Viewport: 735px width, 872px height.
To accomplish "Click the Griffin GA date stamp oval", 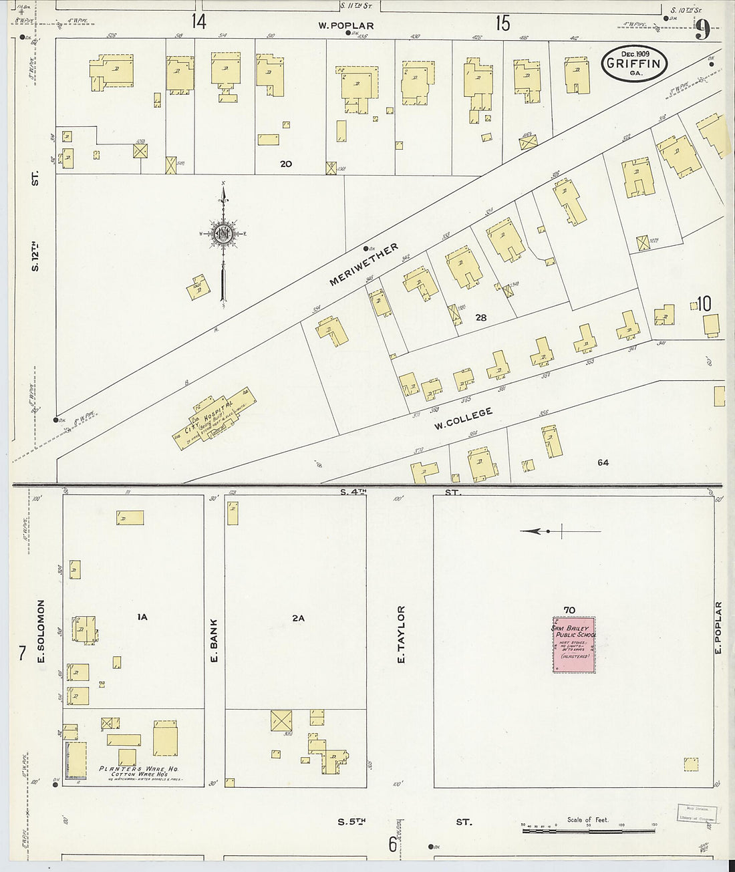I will [x=634, y=65].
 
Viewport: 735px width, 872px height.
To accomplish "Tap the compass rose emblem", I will [x=223, y=234].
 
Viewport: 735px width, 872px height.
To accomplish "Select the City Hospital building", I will [x=214, y=416].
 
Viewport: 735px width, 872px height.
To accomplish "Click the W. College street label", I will [x=463, y=419].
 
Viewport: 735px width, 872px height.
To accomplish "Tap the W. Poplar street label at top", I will [x=345, y=26].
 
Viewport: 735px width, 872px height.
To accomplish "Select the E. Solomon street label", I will [x=41, y=631].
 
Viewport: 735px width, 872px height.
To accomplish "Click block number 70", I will [x=569, y=609].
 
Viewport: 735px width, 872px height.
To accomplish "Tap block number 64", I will [x=603, y=462].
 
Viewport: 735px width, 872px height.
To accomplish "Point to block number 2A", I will [x=298, y=618].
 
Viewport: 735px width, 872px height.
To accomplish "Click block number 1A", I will [x=142, y=617].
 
